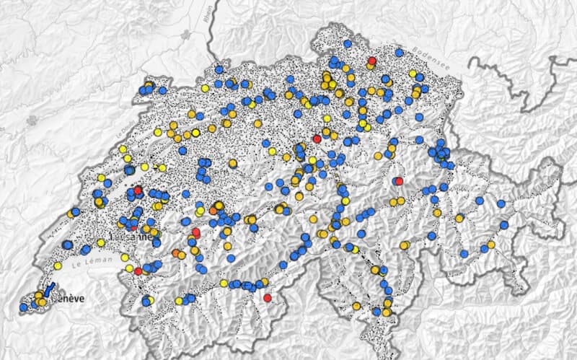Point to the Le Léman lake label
(99, 249)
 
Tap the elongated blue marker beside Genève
(50, 290)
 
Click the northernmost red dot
(372, 61)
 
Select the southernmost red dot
(267, 298)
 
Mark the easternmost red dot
(399, 181)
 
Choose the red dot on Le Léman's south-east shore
(138, 271)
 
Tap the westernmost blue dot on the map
(23, 307)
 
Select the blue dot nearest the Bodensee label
(400, 53)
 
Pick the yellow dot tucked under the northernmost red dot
(369, 66)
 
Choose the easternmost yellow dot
(490, 245)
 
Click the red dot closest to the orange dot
(195, 232)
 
